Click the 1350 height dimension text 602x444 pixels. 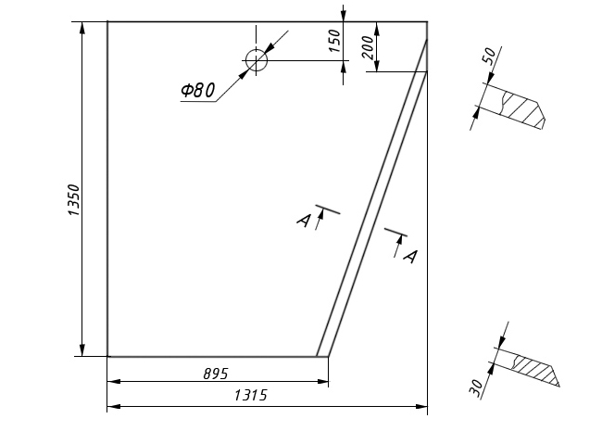tap(73, 200)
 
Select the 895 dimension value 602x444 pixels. tap(216, 374)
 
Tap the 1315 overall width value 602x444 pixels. tap(250, 395)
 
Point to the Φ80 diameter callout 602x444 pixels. tap(197, 91)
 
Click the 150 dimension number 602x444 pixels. tap(334, 41)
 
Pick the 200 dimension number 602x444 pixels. tap(369, 47)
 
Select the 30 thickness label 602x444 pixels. tap(476, 387)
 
